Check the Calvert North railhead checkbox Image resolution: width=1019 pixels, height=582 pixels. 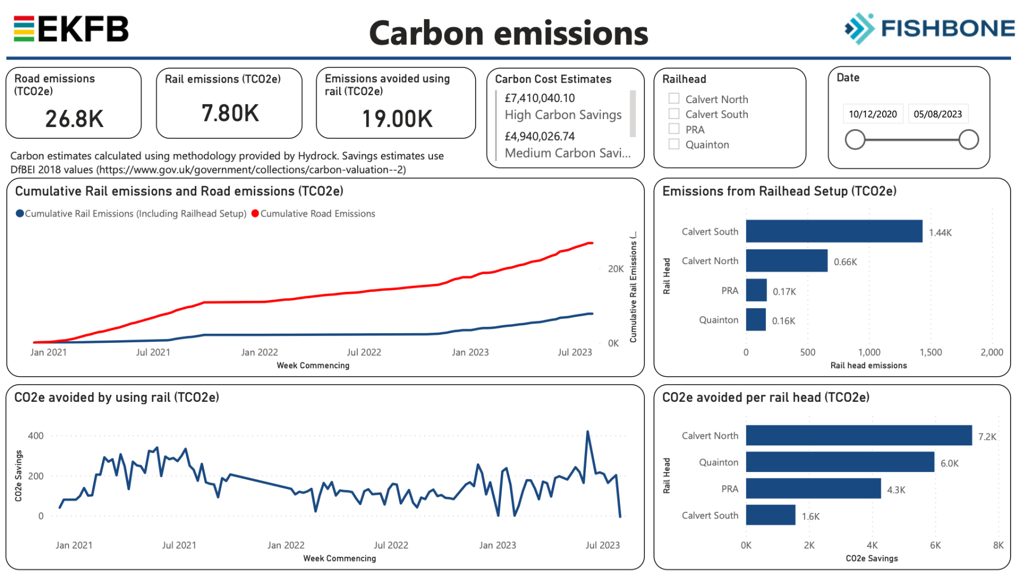674,99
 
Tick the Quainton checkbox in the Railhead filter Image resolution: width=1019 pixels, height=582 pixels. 674,144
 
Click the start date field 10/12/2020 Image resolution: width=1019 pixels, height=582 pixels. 872,114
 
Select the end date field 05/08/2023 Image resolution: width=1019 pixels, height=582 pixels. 937,114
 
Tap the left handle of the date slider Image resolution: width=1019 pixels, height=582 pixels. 855,139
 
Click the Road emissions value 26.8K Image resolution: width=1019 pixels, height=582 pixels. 74,119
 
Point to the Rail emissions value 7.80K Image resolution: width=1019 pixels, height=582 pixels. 230,113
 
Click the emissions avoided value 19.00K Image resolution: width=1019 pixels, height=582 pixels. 397,119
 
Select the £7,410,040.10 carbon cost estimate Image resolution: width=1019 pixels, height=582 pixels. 540,98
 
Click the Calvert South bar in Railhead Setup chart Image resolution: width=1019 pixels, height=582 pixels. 834,231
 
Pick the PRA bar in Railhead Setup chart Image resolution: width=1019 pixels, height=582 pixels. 756,290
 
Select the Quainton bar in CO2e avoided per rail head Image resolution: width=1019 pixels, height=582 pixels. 840,462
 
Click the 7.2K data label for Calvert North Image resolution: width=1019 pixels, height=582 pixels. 987,436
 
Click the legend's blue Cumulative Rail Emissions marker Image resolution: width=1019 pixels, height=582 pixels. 20,214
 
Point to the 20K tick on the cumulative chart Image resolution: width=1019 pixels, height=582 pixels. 615,269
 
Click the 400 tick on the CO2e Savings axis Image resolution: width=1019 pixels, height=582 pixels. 36,436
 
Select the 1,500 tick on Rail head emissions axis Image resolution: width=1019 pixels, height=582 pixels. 931,352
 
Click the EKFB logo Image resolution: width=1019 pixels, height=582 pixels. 71,29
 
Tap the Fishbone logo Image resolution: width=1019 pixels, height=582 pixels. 929,28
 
